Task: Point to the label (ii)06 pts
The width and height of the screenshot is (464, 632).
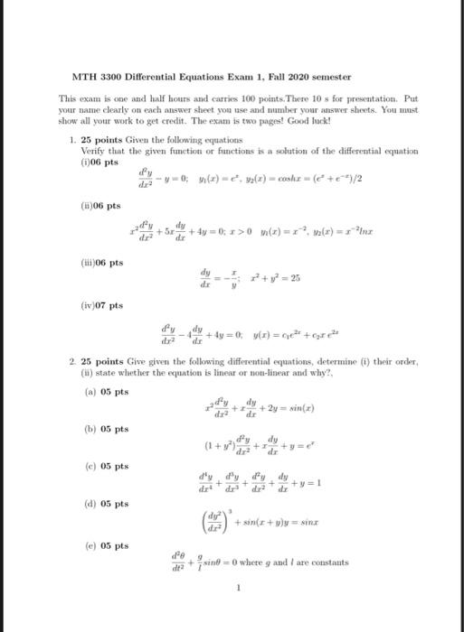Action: coord(98,205)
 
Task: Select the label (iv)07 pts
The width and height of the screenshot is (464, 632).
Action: coord(99,307)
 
